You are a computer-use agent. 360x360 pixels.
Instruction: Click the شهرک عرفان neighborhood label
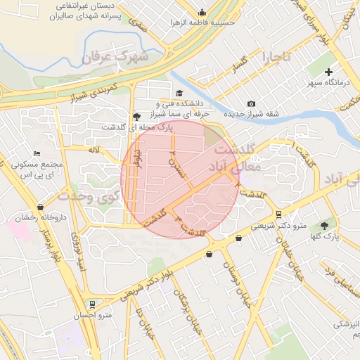[x=115, y=56]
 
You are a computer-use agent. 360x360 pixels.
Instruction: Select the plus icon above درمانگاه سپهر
[x=328, y=72]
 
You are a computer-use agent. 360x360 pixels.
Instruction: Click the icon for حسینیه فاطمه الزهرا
[x=202, y=12]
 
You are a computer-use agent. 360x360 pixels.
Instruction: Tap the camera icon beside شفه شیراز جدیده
[x=252, y=104]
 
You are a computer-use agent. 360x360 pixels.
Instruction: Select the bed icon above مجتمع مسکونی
[x=37, y=154]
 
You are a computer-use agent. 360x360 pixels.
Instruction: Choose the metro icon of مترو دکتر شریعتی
[x=279, y=214]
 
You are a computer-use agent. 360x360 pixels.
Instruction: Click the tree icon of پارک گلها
[x=324, y=226]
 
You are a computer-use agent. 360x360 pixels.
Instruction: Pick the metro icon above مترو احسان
[x=91, y=304]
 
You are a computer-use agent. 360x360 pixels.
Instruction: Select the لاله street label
[x=94, y=150]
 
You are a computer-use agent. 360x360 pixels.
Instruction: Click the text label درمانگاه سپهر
[x=317, y=83]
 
